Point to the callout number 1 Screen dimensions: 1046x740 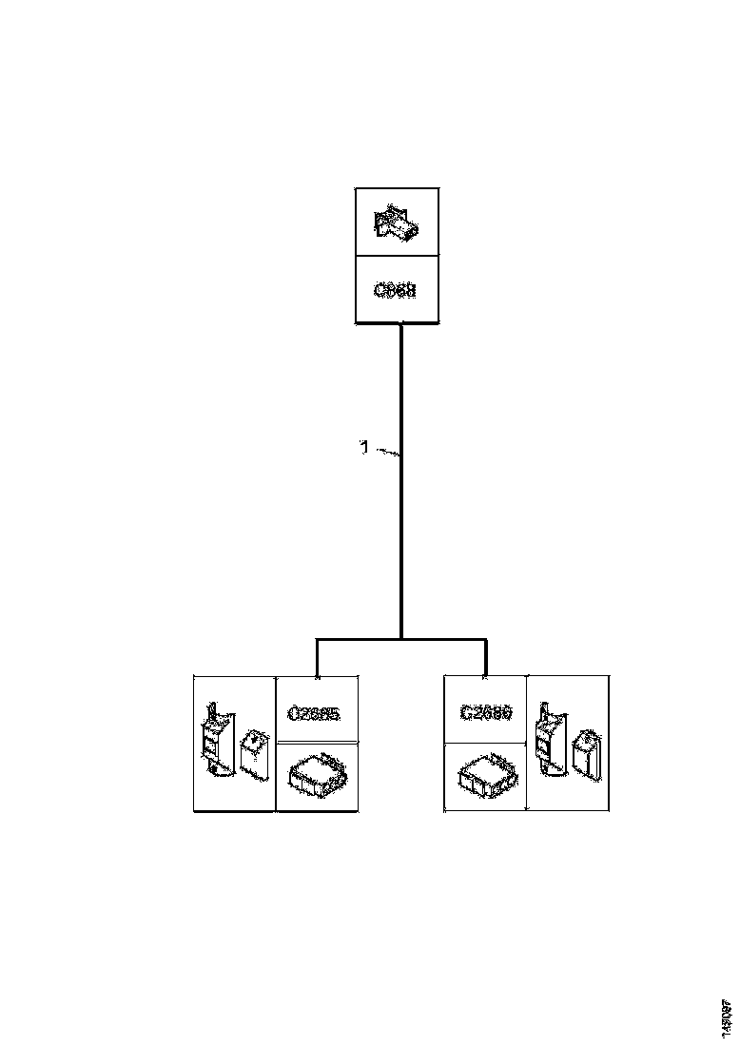(363, 447)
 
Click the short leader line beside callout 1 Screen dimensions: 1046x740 (386, 453)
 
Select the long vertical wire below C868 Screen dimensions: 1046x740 (400, 533)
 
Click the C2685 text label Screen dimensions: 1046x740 (316, 712)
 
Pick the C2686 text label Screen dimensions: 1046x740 (486, 712)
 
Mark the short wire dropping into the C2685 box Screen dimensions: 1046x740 (316, 658)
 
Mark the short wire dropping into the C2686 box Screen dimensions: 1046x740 (485, 658)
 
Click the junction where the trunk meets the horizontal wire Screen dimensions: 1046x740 (400, 639)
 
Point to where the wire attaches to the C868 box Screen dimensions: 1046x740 (400, 326)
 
